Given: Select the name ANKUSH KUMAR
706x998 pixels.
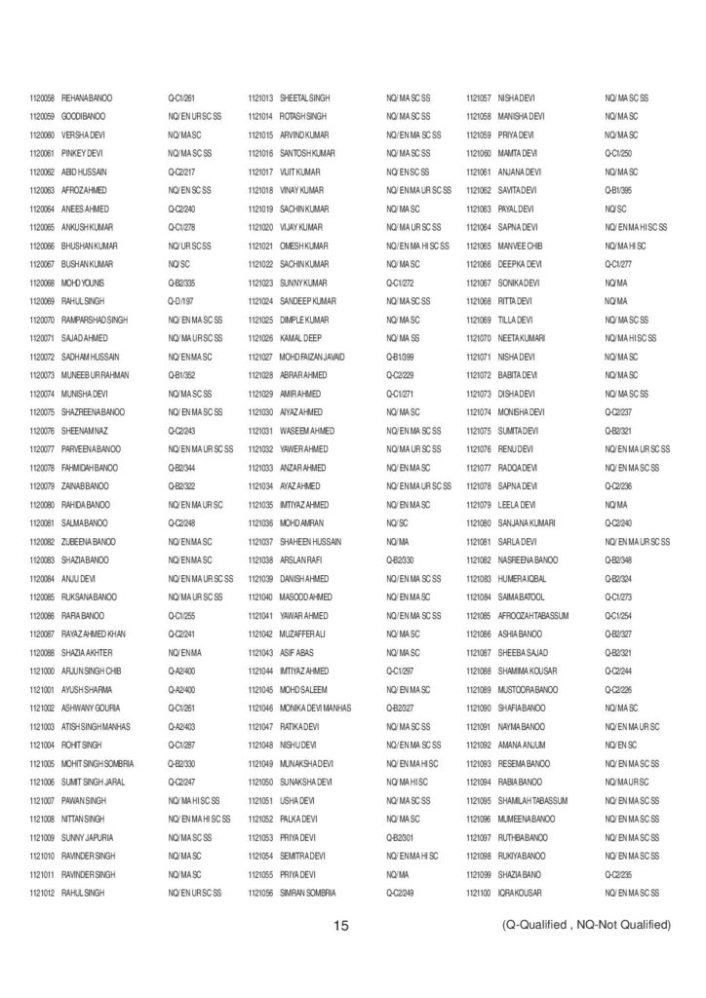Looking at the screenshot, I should (87, 227).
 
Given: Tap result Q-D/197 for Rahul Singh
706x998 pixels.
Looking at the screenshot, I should (182, 301).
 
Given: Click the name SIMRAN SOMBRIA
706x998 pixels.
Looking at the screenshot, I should (308, 893).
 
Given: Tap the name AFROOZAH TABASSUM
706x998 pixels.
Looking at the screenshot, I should (533, 616).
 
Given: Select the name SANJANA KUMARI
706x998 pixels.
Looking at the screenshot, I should (528, 523).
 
